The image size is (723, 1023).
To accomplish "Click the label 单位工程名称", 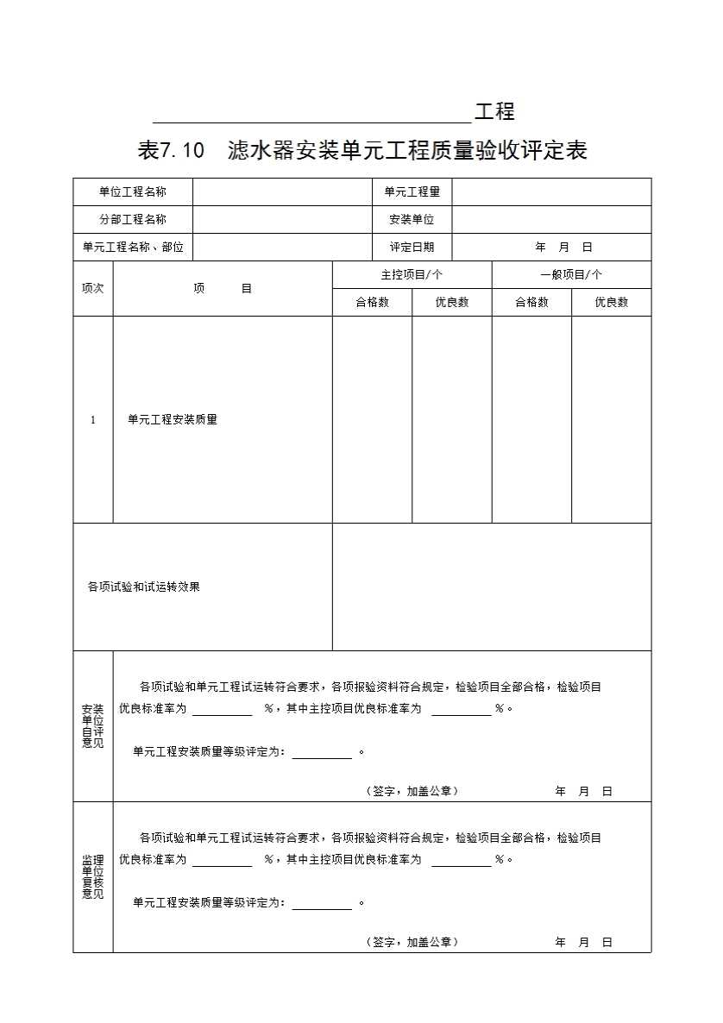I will [132, 191].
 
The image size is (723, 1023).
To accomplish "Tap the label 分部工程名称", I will [132, 219].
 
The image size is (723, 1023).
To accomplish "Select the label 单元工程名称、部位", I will [133, 247].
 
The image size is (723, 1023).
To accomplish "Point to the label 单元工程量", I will [412, 191].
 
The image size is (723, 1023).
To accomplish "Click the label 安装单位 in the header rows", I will [412, 219].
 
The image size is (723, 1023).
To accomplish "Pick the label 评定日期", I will [412, 247].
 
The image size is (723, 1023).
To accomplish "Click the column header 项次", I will [92, 288].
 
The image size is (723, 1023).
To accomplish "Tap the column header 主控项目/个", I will [412, 274].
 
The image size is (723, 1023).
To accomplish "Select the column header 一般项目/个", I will [571, 274].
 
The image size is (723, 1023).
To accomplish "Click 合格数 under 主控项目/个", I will [372, 302].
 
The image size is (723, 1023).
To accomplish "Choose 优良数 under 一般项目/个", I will [611, 302].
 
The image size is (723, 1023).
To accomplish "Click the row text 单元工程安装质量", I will [173, 419].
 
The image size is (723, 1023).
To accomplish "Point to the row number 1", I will [92, 420].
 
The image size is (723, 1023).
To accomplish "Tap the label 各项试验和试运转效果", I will [144, 587].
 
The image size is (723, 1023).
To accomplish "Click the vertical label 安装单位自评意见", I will [92, 726].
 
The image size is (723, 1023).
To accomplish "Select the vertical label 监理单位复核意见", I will [92, 877].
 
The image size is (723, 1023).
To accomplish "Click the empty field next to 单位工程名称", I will [280, 191].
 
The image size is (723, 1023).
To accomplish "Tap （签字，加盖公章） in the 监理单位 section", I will [412, 942].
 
